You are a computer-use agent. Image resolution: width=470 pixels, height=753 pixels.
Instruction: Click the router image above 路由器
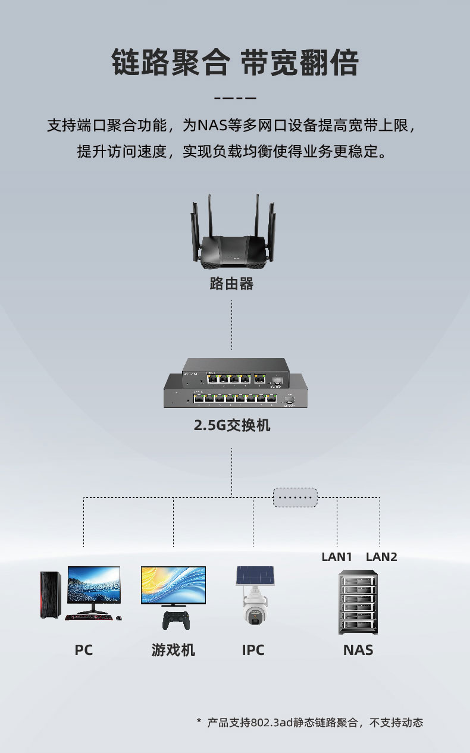[231, 238]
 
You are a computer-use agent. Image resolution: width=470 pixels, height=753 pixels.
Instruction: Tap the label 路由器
[231, 284]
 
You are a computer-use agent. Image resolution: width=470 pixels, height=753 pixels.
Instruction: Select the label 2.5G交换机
[232, 426]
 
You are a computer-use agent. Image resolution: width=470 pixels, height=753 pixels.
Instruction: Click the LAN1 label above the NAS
[337, 557]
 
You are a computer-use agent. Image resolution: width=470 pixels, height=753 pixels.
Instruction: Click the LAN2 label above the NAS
[381, 557]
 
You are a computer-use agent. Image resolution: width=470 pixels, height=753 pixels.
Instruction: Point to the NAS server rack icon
[358, 602]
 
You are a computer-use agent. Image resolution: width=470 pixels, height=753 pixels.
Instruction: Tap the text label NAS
[358, 650]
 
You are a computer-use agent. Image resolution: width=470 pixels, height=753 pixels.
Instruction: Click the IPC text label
[253, 650]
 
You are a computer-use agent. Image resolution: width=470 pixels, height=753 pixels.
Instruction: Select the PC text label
[84, 650]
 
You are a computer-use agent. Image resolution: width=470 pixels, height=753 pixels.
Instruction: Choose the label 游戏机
[173, 650]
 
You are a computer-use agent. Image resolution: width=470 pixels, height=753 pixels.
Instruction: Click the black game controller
[176, 619]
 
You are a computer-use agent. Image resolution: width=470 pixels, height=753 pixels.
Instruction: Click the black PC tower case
[51, 594]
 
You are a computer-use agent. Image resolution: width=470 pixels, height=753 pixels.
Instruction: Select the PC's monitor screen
[94, 585]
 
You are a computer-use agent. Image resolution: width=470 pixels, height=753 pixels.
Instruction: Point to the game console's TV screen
[173, 585]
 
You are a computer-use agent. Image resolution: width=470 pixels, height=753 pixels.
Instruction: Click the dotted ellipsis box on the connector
[295, 497]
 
